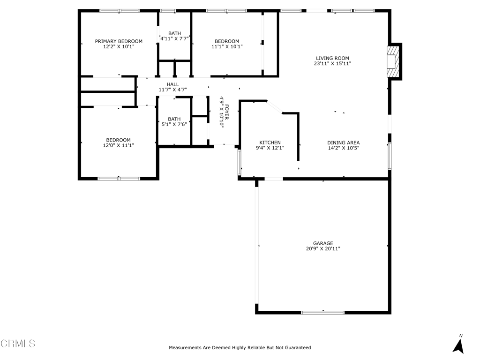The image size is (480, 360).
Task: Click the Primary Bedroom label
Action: [x=119, y=41]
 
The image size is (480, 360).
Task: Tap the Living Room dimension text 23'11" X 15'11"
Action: [x=332, y=64]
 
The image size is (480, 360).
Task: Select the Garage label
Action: [x=323, y=243]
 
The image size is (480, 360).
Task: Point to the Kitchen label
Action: [x=270, y=142]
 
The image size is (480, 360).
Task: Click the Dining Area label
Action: [x=344, y=142]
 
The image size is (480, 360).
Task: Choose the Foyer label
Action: [x=227, y=112]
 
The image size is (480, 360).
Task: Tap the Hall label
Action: [x=172, y=84]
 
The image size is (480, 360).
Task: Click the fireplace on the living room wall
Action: [x=393, y=61]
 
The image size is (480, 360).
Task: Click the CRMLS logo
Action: [x=18, y=344]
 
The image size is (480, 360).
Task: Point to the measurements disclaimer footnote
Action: [x=240, y=347]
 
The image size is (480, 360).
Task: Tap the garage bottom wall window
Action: [x=323, y=313]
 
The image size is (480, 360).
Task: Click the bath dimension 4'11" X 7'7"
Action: [x=174, y=38]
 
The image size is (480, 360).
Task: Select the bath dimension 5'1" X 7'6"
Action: [x=174, y=124]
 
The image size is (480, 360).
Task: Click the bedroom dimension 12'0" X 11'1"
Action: [x=119, y=145]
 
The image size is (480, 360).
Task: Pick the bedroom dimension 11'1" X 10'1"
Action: [x=227, y=46]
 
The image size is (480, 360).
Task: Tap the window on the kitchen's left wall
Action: [x=240, y=162]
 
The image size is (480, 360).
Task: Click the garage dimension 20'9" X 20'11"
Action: [x=323, y=249]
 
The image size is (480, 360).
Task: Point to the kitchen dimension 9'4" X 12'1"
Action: [x=270, y=148]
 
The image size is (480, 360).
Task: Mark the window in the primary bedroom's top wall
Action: [x=120, y=11]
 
